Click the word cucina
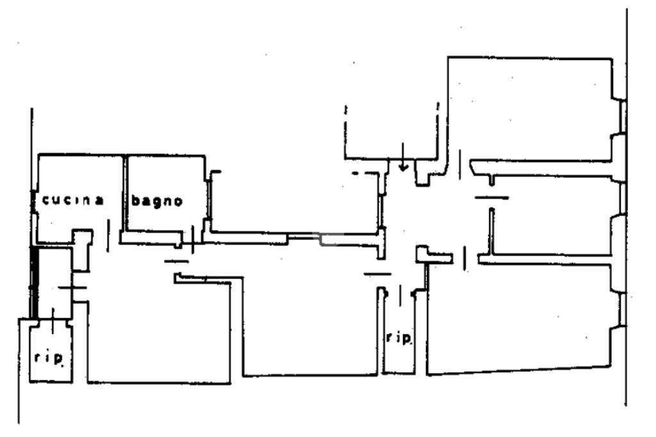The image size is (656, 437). point(73,200)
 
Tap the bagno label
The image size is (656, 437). point(157,201)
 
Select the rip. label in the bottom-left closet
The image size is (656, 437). point(49,358)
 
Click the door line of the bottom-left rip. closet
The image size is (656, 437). point(53,315)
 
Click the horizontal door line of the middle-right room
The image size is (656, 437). point(491,198)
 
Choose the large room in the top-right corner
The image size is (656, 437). point(532,109)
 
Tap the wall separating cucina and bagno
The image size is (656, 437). point(124,192)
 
